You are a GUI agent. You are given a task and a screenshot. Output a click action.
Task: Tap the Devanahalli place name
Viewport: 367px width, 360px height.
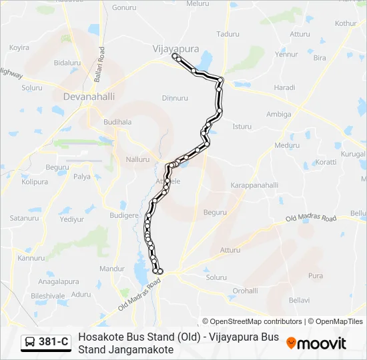89,97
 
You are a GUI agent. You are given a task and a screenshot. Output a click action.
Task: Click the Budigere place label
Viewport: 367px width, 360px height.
123,215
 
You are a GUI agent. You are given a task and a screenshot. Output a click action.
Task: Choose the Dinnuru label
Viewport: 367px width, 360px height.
175,98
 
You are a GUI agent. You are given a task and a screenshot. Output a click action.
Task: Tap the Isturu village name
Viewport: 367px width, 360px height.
242,126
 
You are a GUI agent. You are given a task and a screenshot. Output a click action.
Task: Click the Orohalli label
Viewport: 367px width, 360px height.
245,291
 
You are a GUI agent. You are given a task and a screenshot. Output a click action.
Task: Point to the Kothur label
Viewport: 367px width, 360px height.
346,23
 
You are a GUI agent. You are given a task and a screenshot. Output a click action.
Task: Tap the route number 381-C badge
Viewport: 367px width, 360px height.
54,342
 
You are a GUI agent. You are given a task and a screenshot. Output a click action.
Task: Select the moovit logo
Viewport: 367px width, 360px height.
316,343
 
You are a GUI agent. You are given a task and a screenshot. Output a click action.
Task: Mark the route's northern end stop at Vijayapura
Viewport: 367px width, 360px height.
175,57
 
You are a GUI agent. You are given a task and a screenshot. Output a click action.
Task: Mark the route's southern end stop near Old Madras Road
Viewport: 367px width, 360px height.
159,271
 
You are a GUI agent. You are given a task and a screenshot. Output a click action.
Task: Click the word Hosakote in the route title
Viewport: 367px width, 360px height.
101,337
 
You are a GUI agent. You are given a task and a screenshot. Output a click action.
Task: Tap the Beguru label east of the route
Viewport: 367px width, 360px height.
216,212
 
